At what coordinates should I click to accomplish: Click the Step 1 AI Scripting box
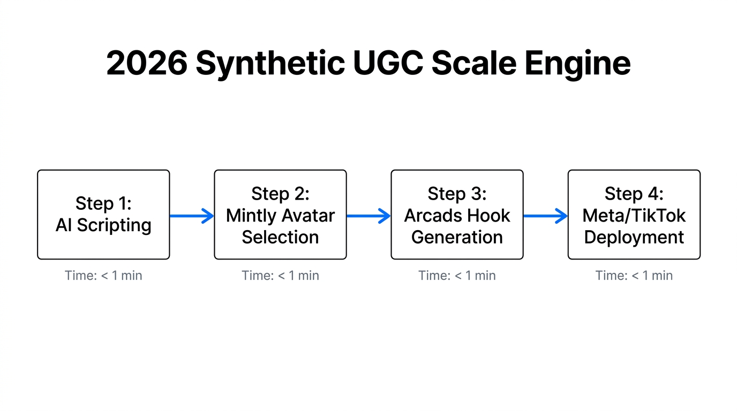[x=103, y=215]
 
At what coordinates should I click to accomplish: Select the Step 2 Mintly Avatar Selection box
[x=280, y=215]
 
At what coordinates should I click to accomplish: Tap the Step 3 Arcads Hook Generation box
[x=457, y=215]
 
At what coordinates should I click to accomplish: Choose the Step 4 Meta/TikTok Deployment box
[x=634, y=215]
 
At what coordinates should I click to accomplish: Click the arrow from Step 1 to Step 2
[x=192, y=216]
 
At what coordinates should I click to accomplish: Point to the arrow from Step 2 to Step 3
[x=368, y=216]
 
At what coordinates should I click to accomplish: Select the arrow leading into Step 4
[x=545, y=216]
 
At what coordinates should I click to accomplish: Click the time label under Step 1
[x=103, y=276]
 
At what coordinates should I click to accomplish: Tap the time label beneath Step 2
[x=280, y=276]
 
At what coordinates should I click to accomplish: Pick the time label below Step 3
[x=457, y=276]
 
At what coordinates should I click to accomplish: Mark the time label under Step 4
[x=634, y=276]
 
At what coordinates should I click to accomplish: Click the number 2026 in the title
[x=147, y=64]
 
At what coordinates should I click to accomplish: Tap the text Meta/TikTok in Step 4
[x=634, y=216]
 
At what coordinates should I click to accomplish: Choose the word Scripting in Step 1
[x=114, y=225]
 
